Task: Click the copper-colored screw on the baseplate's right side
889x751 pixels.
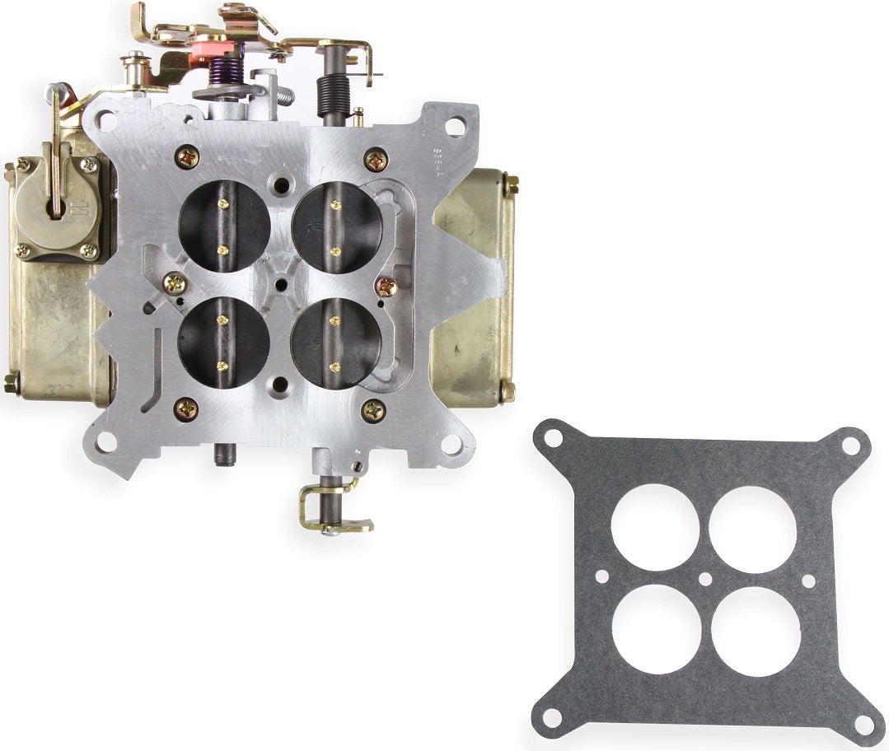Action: [x=386, y=287]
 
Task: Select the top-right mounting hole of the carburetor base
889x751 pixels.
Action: [x=454, y=126]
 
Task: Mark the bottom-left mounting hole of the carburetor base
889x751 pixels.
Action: [x=105, y=442]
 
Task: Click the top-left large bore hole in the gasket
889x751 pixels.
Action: [x=655, y=527]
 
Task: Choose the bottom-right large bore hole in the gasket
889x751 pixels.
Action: [x=756, y=632]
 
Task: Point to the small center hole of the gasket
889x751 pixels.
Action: [x=705, y=580]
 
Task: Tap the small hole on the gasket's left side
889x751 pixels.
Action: [x=602, y=577]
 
